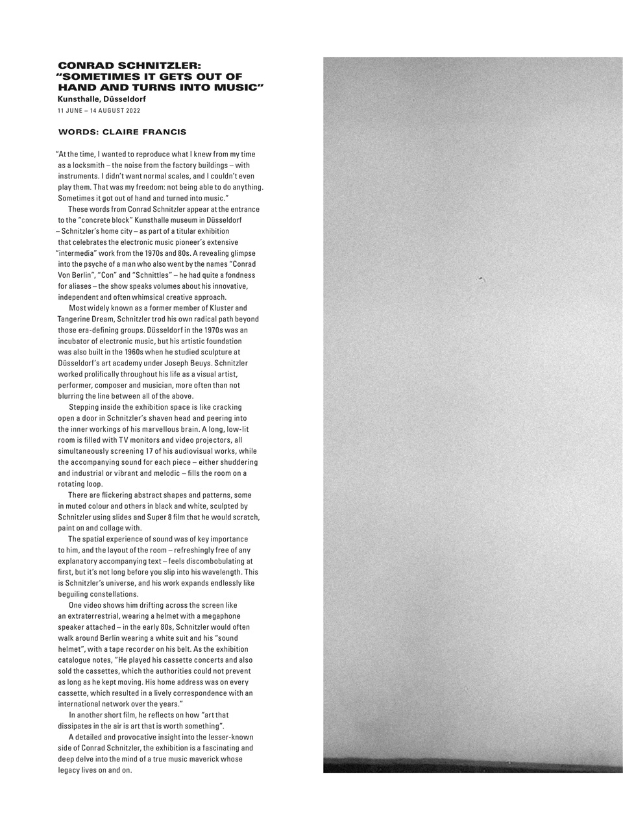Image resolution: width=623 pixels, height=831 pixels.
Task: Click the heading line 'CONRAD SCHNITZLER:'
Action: pyautogui.click(x=130, y=66)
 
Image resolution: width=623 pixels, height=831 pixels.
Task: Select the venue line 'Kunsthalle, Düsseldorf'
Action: pyautogui.click(x=102, y=99)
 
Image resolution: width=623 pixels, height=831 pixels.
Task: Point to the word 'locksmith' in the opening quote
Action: pyautogui.click(x=86, y=166)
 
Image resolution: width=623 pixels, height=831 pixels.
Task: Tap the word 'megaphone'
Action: pyautogui.click(x=222, y=616)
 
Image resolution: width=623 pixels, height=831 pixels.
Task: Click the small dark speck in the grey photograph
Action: pyautogui.click(x=480, y=279)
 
